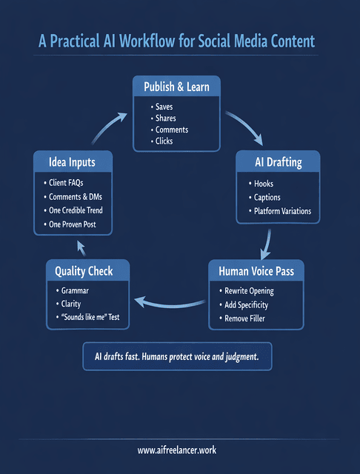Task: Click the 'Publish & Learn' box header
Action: (x=176, y=87)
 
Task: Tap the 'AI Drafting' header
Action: (x=279, y=162)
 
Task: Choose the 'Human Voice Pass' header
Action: (x=256, y=271)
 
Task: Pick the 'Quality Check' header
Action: (x=84, y=271)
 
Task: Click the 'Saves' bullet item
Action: (x=164, y=107)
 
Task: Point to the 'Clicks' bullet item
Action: (x=164, y=141)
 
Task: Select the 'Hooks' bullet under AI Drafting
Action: (x=264, y=183)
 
